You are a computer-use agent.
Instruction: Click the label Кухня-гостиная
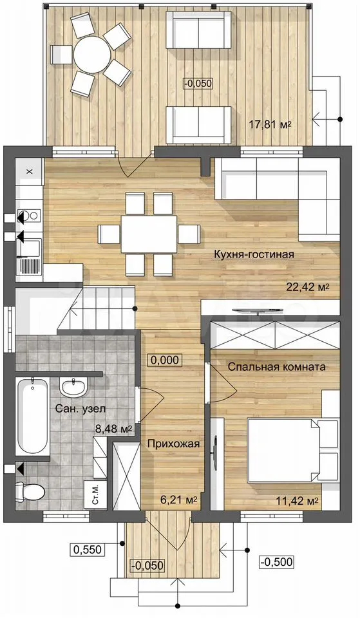(x=254, y=254)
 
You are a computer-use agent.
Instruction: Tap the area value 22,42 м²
(x=308, y=287)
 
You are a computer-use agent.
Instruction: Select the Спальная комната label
(x=277, y=367)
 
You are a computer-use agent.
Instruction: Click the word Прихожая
(x=173, y=444)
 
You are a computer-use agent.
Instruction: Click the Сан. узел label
(x=81, y=408)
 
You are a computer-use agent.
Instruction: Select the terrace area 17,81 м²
(x=270, y=125)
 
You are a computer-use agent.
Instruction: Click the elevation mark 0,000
(x=165, y=359)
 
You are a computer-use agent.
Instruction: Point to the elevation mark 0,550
(x=86, y=548)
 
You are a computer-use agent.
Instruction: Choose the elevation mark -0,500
(x=277, y=561)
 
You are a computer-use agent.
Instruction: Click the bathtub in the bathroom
(x=33, y=417)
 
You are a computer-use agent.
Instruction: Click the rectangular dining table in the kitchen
(x=149, y=234)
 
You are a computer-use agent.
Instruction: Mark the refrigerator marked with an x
(x=29, y=171)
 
